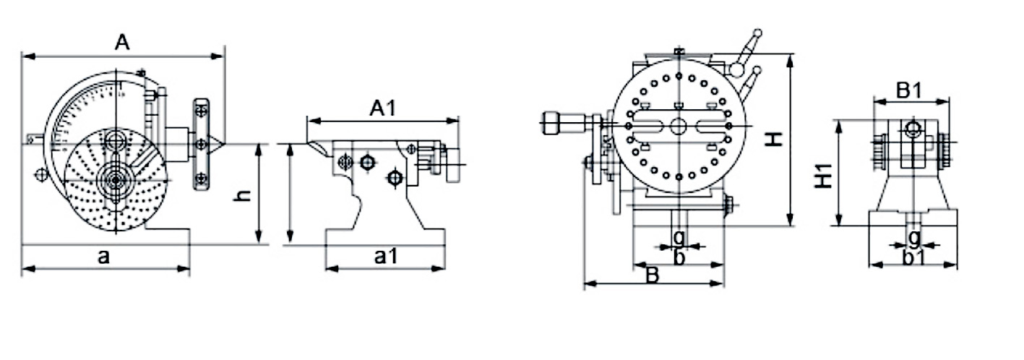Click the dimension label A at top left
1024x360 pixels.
coord(122,43)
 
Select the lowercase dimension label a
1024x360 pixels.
coord(103,257)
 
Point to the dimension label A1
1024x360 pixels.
coord(383,108)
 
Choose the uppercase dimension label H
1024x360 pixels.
coord(774,140)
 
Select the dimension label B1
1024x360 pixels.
coord(909,91)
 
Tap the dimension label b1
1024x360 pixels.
coord(913,258)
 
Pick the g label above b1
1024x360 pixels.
coord(913,236)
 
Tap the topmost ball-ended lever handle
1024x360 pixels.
coord(757,33)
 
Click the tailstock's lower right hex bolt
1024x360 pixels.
coord(394,177)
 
